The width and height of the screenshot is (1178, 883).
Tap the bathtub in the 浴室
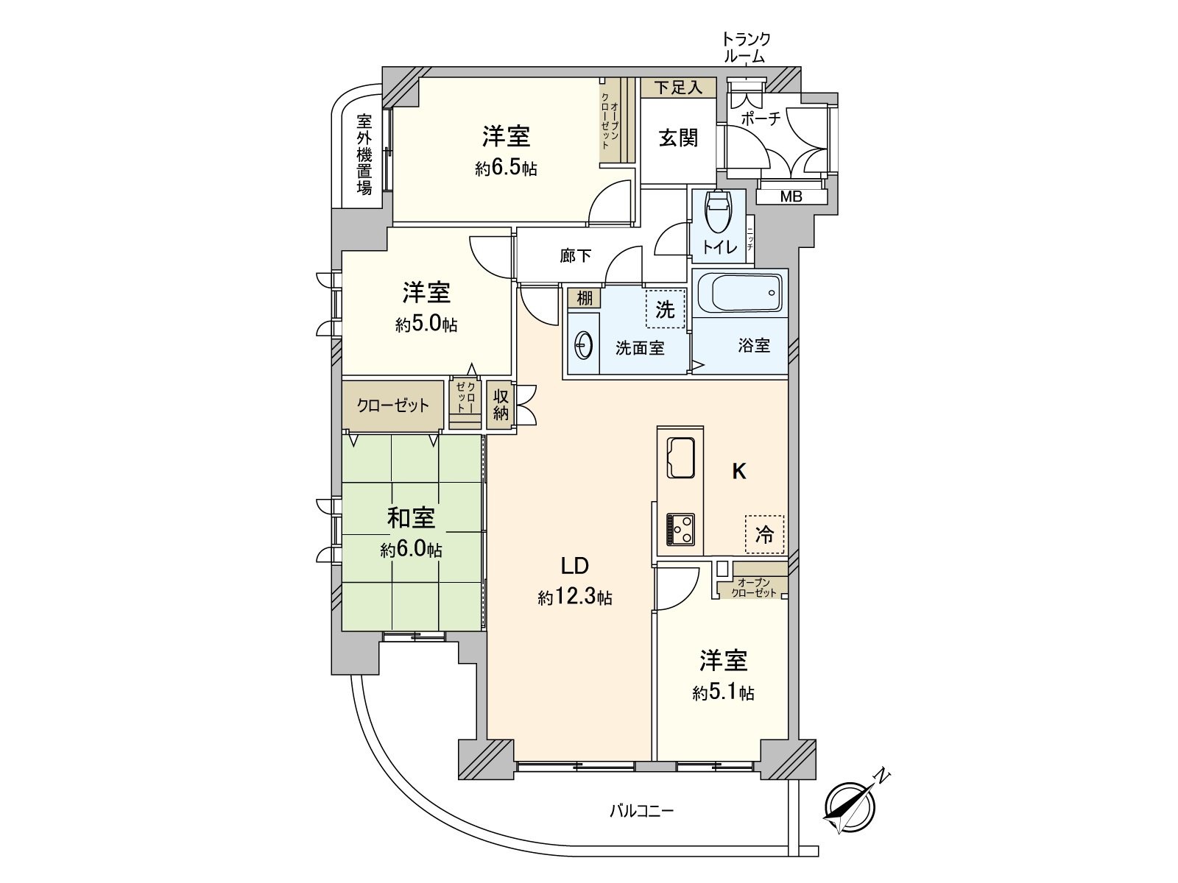740,294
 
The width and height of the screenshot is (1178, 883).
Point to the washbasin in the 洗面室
584,345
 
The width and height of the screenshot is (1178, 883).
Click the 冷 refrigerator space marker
765,534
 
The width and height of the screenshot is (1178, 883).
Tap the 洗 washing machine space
666,309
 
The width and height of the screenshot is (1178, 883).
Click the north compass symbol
851,807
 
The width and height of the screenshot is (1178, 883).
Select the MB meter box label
791,196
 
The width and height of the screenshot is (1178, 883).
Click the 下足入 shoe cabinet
678,88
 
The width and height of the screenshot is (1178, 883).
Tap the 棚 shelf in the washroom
584,298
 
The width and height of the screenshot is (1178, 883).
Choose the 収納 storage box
501,405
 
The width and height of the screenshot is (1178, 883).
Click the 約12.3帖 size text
574,598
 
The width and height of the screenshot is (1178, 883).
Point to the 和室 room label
411,518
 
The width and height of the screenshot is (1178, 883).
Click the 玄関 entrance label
678,138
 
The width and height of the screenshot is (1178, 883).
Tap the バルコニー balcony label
641,812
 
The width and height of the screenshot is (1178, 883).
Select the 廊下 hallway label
575,256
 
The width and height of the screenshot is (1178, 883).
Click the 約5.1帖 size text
723,692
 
